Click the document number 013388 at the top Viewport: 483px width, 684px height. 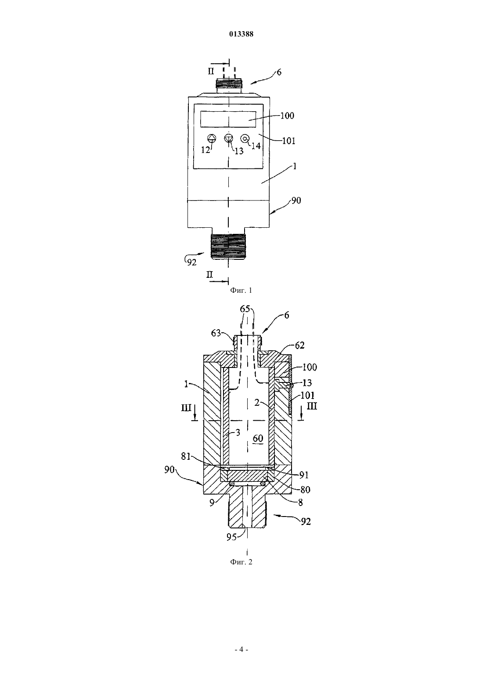(241, 34)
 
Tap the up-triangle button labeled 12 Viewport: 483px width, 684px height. (212, 138)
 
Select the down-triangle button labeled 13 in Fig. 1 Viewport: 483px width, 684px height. (228, 138)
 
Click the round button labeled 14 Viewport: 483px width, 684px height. (245, 138)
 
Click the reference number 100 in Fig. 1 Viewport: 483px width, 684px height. (287, 116)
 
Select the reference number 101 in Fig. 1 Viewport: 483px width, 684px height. (288, 141)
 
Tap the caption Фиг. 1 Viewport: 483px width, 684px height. (241, 290)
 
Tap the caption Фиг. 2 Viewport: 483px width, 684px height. (241, 562)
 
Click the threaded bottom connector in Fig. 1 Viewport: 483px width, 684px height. (228, 247)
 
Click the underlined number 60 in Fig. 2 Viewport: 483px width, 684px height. (258, 439)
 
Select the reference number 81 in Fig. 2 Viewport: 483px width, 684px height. (186, 456)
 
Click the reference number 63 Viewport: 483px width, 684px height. (216, 333)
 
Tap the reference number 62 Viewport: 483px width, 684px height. (299, 346)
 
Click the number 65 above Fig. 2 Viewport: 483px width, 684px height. (245, 309)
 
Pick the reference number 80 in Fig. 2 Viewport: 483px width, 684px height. (305, 490)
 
